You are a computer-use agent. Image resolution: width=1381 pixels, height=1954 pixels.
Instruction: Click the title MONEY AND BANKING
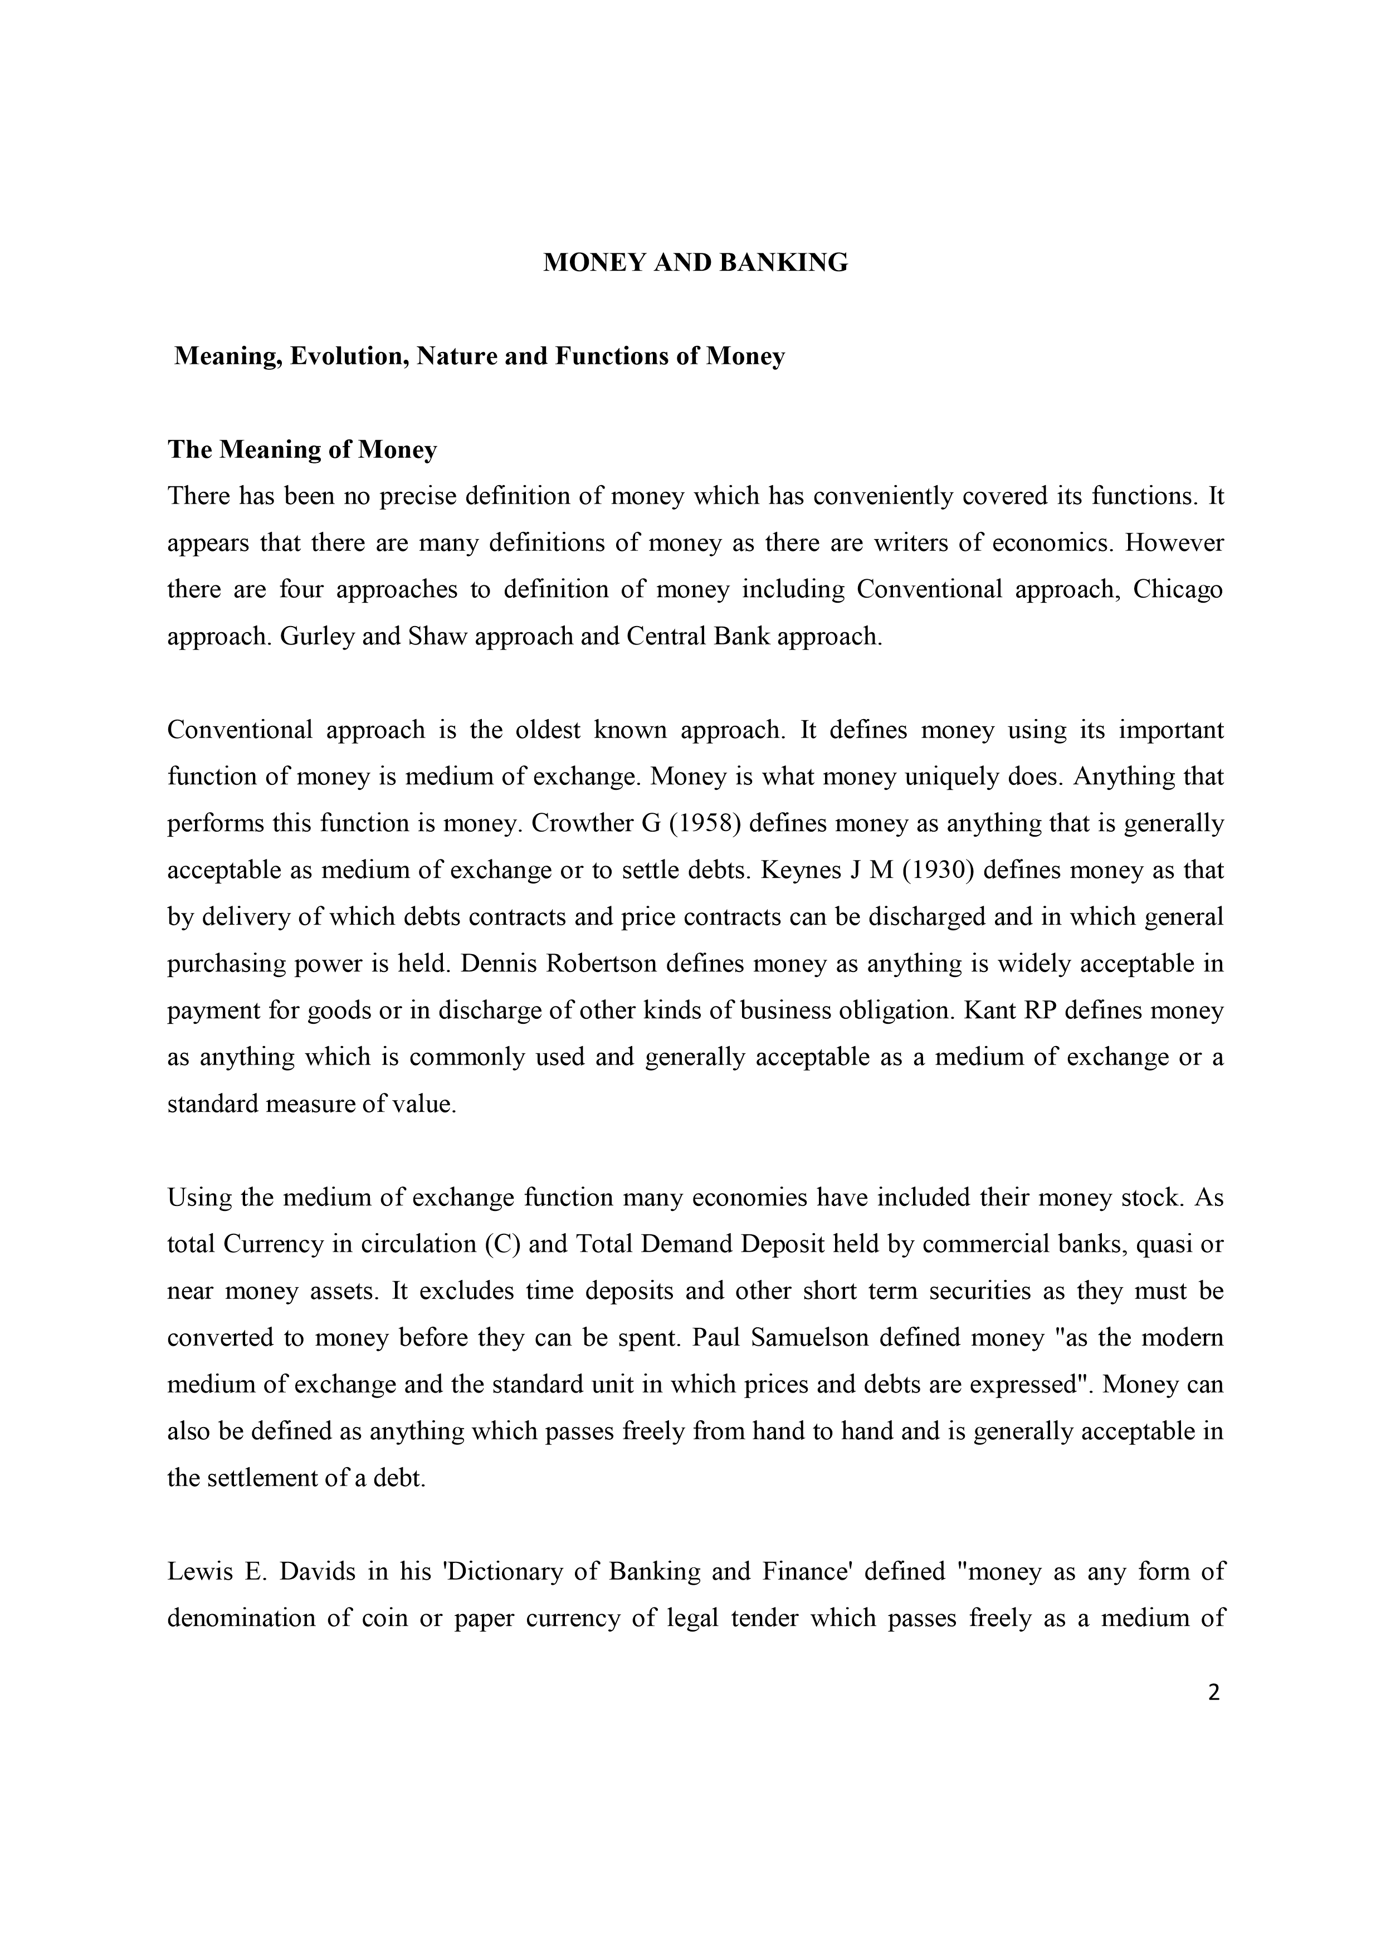(x=695, y=263)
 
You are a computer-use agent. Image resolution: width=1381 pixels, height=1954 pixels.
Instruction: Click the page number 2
(x=1213, y=1693)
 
